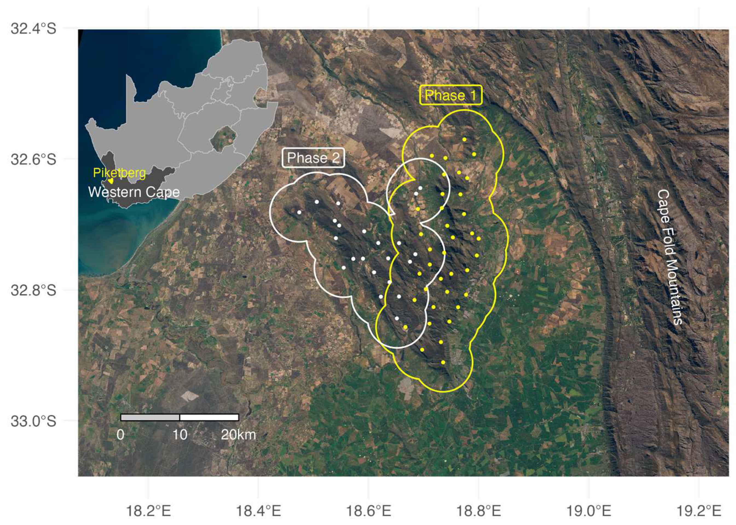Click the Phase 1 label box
451,95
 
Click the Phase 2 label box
313,158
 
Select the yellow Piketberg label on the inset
119,173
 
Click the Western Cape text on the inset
134,192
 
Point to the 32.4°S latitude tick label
34,28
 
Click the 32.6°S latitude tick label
34,159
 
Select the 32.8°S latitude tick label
34,290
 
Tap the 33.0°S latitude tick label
34,421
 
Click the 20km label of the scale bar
238,435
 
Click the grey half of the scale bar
150,417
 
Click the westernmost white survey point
299,212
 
